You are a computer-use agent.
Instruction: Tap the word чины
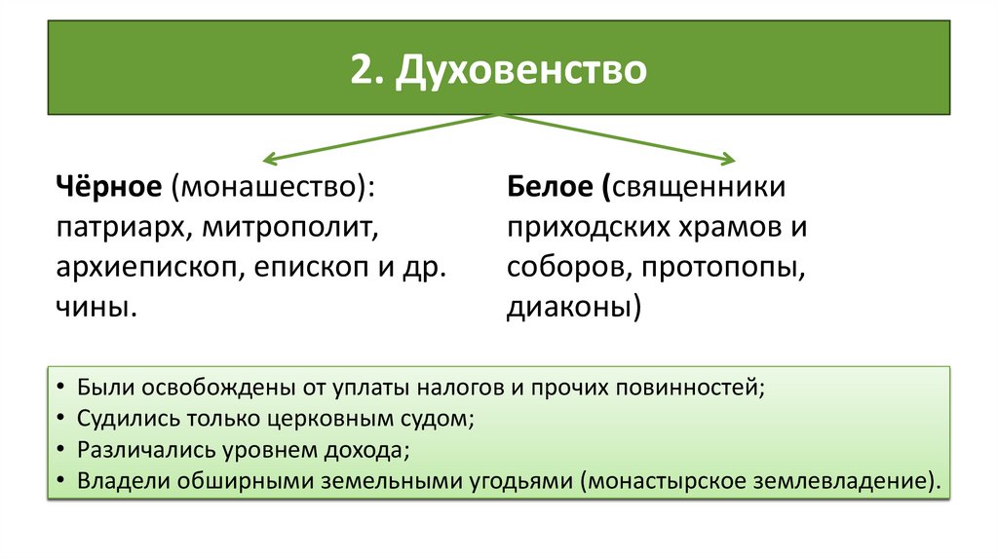(x=92, y=309)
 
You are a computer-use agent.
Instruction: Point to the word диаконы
(x=570, y=309)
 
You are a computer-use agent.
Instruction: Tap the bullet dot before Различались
(x=60, y=451)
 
